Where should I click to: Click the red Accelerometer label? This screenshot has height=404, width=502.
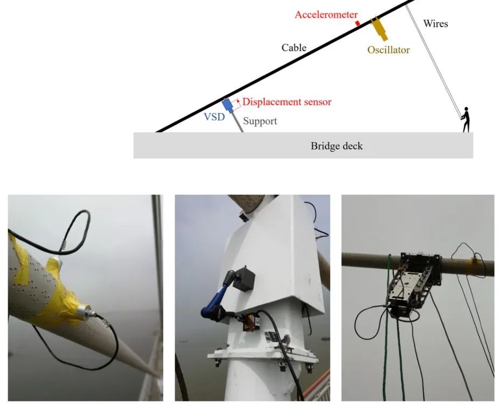coord(326,14)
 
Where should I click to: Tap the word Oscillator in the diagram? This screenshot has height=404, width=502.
coord(388,50)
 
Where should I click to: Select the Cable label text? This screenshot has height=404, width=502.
coord(294,47)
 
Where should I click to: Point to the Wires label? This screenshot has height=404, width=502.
coord(435,24)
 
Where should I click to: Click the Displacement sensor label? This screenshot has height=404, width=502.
coord(287,101)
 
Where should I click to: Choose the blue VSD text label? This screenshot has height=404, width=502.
coord(214,116)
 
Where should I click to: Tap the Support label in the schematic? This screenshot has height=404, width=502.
coord(260,121)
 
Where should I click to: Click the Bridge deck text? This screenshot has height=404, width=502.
coord(337,146)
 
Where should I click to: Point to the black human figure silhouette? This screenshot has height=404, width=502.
coord(465,120)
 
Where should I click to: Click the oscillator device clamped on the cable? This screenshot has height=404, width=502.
coord(412,282)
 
